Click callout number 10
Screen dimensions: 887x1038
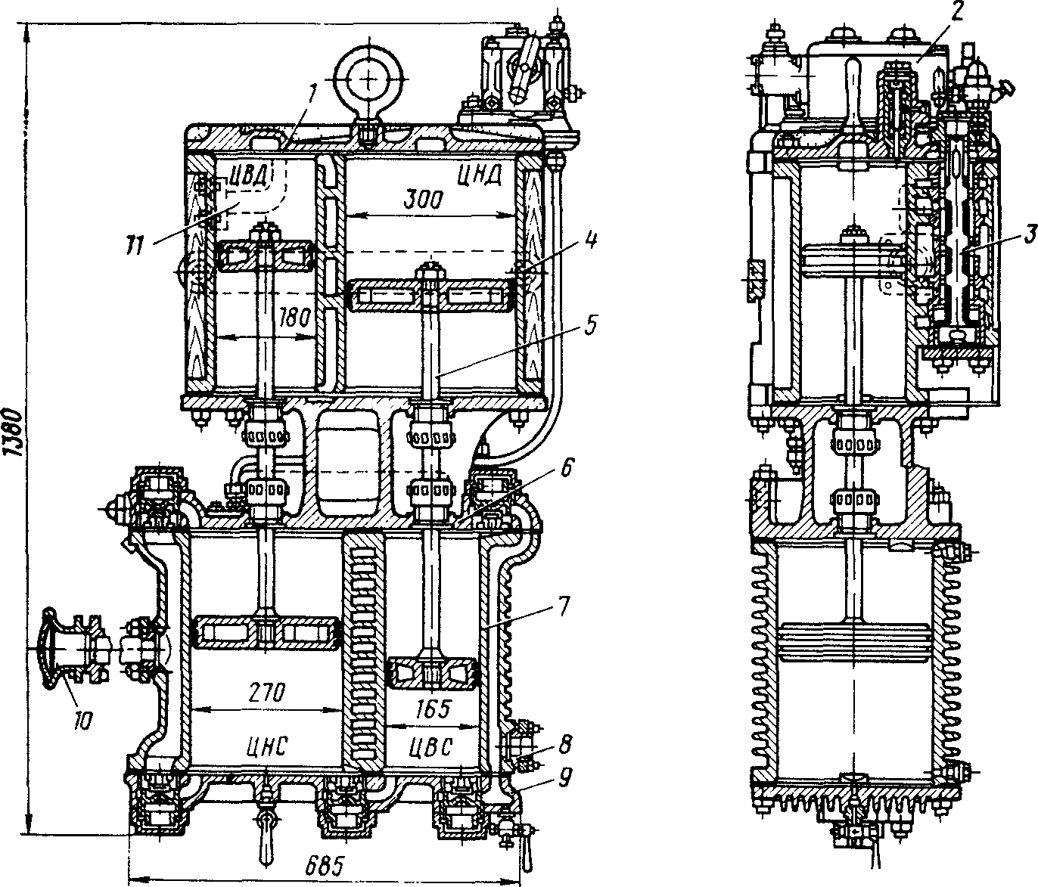(82, 722)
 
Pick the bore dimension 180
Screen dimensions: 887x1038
(294, 318)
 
